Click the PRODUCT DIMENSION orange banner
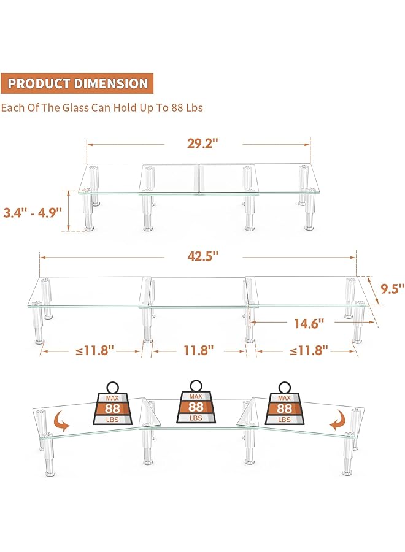(78, 83)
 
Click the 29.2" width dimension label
(203, 144)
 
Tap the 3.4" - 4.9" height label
(33, 213)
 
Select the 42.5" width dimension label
(203, 256)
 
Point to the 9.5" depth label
(392, 288)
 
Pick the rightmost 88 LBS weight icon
(284, 405)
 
